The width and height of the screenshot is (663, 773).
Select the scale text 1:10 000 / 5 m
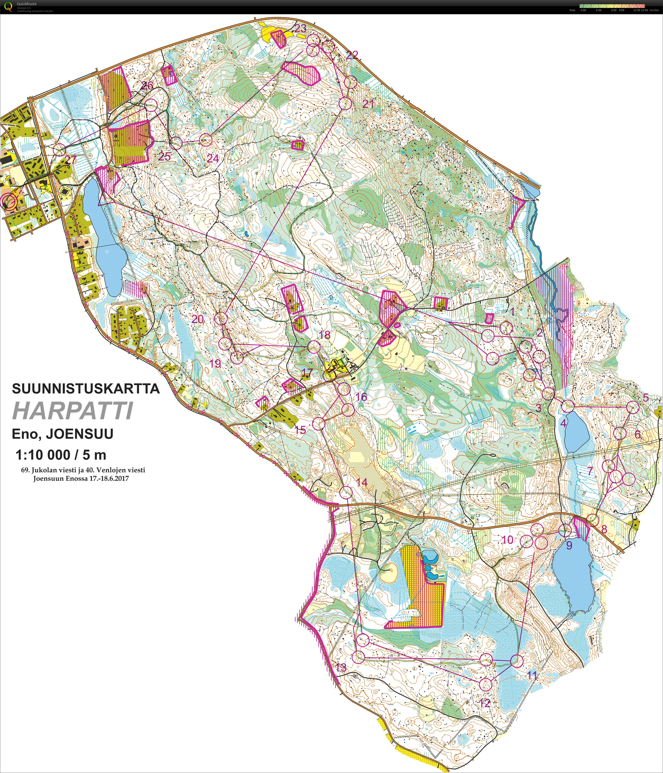61,455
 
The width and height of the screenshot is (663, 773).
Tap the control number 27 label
70,160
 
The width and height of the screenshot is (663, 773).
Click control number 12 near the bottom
484,703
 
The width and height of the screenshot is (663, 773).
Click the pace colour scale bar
612,6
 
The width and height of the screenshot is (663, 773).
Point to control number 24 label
213,158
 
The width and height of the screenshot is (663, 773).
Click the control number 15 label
300,430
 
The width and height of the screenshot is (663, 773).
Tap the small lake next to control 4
576,433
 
